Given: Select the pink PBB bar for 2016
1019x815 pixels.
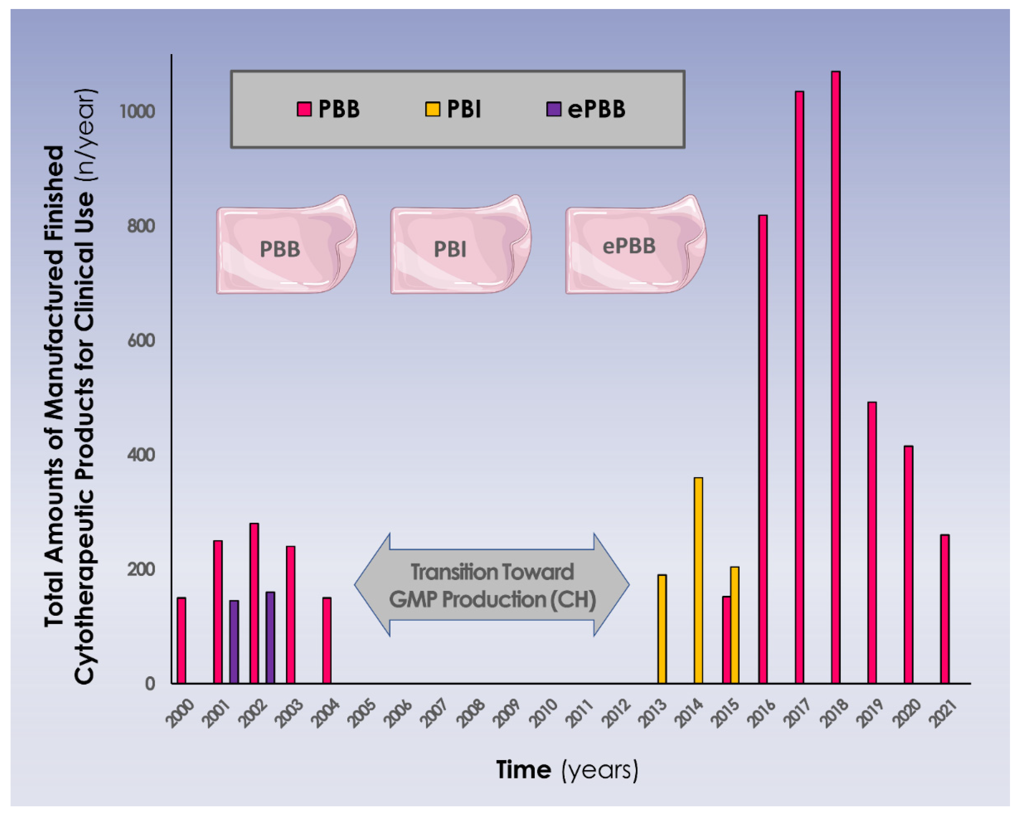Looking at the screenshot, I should [x=762, y=449].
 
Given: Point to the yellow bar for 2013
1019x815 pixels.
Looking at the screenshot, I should [x=662, y=629].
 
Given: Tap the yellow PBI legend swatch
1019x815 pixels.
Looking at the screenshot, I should [x=433, y=109].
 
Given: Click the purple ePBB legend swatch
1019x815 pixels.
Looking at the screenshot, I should [x=554, y=109].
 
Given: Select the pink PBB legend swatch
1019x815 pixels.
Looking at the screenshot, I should [x=304, y=109].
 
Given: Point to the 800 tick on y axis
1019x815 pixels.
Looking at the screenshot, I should [x=141, y=226].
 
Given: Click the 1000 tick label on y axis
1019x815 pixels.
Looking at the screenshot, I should [x=137, y=112].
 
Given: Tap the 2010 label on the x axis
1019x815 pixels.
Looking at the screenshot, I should [x=544, y=713].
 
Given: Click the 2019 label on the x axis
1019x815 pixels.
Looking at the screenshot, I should [x=870, y=713].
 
